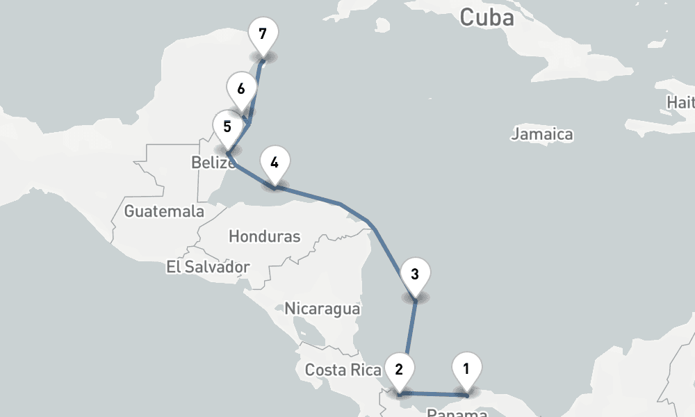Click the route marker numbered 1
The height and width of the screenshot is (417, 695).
[466, 368]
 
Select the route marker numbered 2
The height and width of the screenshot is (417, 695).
[399, 368]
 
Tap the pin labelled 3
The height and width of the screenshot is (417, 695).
[415, 273]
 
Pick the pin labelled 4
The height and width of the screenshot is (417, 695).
[275, 163]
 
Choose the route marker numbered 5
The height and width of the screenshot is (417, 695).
[227, 126]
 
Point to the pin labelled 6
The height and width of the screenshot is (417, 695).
[241, 89]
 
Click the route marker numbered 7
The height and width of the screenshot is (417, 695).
[262, 33]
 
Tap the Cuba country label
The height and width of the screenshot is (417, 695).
[486, 17]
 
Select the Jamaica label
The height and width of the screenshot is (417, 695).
[542, 134]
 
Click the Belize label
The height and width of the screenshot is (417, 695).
[212, 163]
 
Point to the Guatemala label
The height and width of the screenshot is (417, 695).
[164, 211]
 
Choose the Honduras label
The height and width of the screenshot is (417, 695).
[264, 236]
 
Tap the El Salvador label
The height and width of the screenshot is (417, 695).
[208, 266]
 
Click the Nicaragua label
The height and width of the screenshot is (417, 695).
[322, 308]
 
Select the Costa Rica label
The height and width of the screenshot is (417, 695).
[343, 370]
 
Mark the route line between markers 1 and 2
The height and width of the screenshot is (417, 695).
[432, 395]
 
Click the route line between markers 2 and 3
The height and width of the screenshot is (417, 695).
[410, 334]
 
